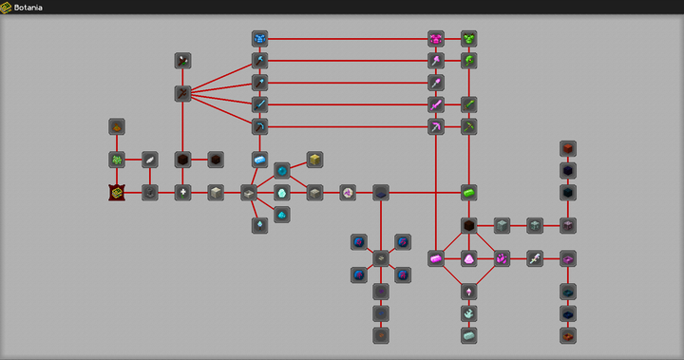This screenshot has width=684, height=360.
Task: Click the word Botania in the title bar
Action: coord(28,8)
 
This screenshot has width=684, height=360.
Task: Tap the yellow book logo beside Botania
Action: coord(6,8)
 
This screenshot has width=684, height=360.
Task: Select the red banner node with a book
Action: coord(117,193)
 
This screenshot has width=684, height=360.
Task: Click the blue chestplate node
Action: coord(259,39)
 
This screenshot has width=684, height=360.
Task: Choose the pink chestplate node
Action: coord(436,39)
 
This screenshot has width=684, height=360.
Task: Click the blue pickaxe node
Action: coord(259,126)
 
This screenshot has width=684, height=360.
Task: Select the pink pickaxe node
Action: coord(436,126)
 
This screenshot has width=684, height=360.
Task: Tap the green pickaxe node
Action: coord(469,126)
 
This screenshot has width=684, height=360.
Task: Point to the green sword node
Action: coord(469,104)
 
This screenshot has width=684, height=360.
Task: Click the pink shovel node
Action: coord(436,83)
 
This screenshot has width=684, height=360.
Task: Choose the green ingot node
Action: coord(469,193)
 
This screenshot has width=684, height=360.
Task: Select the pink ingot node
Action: coord(436,258)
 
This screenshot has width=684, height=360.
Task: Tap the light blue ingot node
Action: coord(259,160)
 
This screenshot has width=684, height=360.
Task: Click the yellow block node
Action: coord(314,160)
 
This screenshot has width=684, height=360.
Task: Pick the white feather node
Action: coord(150,160)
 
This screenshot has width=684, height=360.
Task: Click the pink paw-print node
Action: coord(502,258)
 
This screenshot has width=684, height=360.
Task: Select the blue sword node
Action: coord(259,104)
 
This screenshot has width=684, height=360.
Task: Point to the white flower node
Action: coord(182,193)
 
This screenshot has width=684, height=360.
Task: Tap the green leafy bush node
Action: coord(117,160)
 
